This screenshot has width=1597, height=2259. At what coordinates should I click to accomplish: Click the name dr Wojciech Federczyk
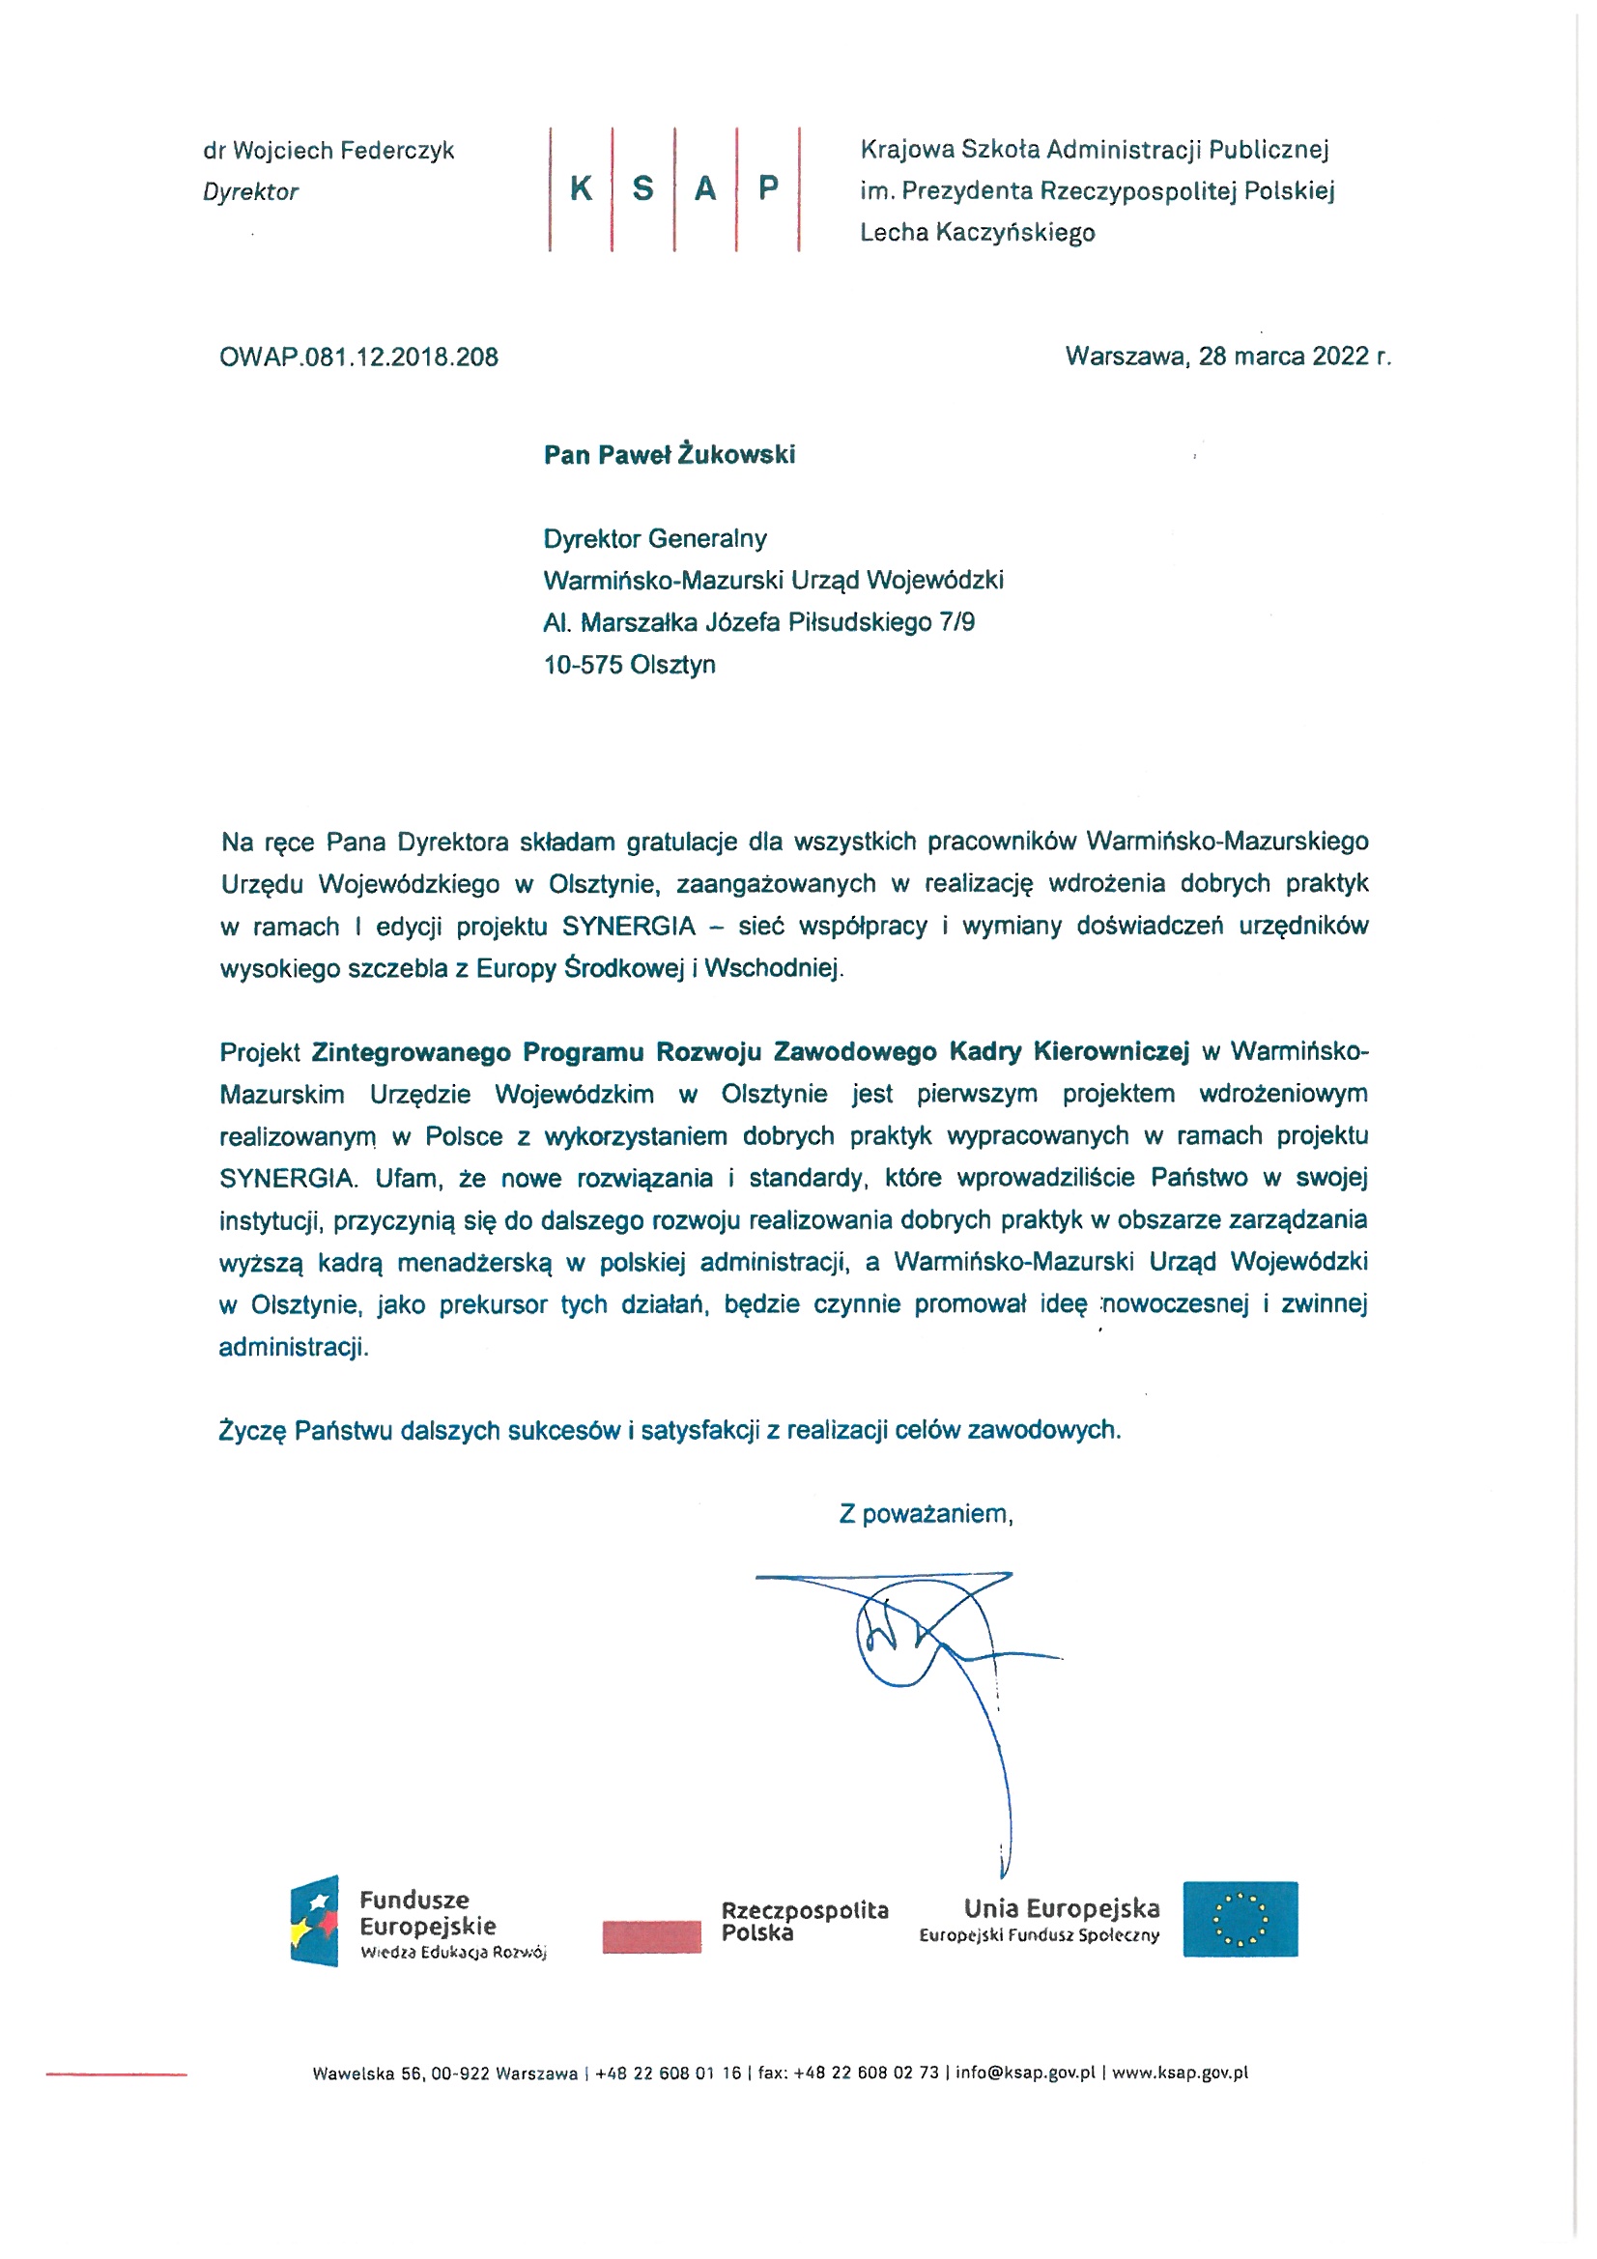pos(328,151)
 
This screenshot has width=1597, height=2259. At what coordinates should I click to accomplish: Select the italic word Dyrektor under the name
pos(250,192)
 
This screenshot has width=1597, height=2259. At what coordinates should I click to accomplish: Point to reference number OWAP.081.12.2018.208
pos(358,357)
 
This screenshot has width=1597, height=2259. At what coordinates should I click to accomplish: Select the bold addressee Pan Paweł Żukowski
pos(670,454)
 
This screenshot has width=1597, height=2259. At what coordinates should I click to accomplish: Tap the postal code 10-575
pos(583,664)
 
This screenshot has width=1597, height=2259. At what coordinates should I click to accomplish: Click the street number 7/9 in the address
pos(956,622)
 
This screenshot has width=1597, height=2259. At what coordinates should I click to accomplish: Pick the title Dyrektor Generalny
pos(654,538)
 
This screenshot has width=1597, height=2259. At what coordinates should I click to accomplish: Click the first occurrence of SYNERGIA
pos(628,926)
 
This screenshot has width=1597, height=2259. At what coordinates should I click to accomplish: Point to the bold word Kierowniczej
pos(1110,1052)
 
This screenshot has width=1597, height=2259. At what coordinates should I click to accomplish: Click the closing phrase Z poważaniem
pos(925,1513)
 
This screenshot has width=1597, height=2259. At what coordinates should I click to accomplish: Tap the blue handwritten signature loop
pos(900,1638)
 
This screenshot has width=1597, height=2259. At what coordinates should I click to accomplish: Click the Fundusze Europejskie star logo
pos(315,1921)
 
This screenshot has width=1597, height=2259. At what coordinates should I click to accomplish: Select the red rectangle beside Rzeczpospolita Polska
pos(651,1936)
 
